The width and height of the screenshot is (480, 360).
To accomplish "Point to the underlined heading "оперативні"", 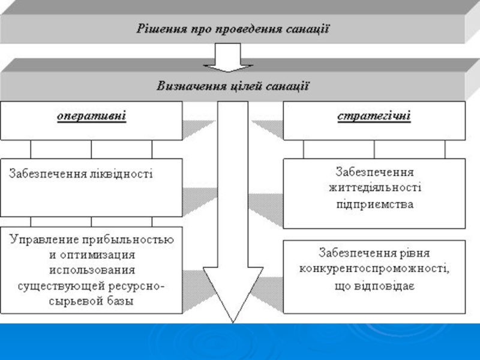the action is pyautogui.click(x=91, y=115).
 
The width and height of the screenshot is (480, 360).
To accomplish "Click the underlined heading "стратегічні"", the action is pyautogui.click(x=374, y=115).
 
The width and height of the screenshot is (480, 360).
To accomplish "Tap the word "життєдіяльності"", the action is pyautogui.click(x=374, y=187).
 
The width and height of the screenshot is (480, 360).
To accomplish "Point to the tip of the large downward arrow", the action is pyautogui.click(x=231, y=321).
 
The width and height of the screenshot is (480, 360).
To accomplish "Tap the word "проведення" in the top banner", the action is pyautogui.click(x=241, y=28).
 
